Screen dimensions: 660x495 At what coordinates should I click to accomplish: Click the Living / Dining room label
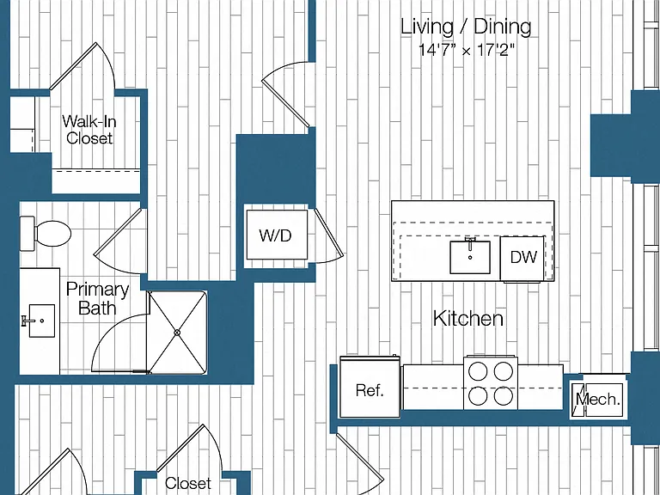[466, 27]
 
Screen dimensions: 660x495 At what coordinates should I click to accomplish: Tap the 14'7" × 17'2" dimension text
[467, 51]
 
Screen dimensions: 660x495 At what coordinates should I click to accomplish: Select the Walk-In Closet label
[89, 130]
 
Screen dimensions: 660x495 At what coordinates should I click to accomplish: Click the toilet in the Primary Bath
[46, 234]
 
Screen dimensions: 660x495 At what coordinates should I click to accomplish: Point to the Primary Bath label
[97, 298]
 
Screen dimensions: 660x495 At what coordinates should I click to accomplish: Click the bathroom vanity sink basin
[41, 321]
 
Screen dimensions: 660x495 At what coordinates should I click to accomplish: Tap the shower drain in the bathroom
[177, 333]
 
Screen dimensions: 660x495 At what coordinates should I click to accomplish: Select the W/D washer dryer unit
[277, 235]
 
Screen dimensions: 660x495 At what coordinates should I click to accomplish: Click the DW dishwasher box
[522, 258]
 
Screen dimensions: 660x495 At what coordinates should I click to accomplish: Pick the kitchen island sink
[470, 257]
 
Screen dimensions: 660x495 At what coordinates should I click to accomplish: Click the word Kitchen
[468, 319]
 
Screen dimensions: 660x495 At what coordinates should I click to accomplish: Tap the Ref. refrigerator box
[370, 388]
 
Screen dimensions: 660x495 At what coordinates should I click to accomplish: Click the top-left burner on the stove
[478, 371]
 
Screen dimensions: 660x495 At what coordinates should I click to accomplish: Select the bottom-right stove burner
[504, 395]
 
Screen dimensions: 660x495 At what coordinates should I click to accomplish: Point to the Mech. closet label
[598, 399]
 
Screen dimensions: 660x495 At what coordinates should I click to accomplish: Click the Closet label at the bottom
[187, 483]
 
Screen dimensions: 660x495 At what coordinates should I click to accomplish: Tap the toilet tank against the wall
[27, 234]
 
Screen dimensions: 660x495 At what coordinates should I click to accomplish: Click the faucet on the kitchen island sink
[470, 243]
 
